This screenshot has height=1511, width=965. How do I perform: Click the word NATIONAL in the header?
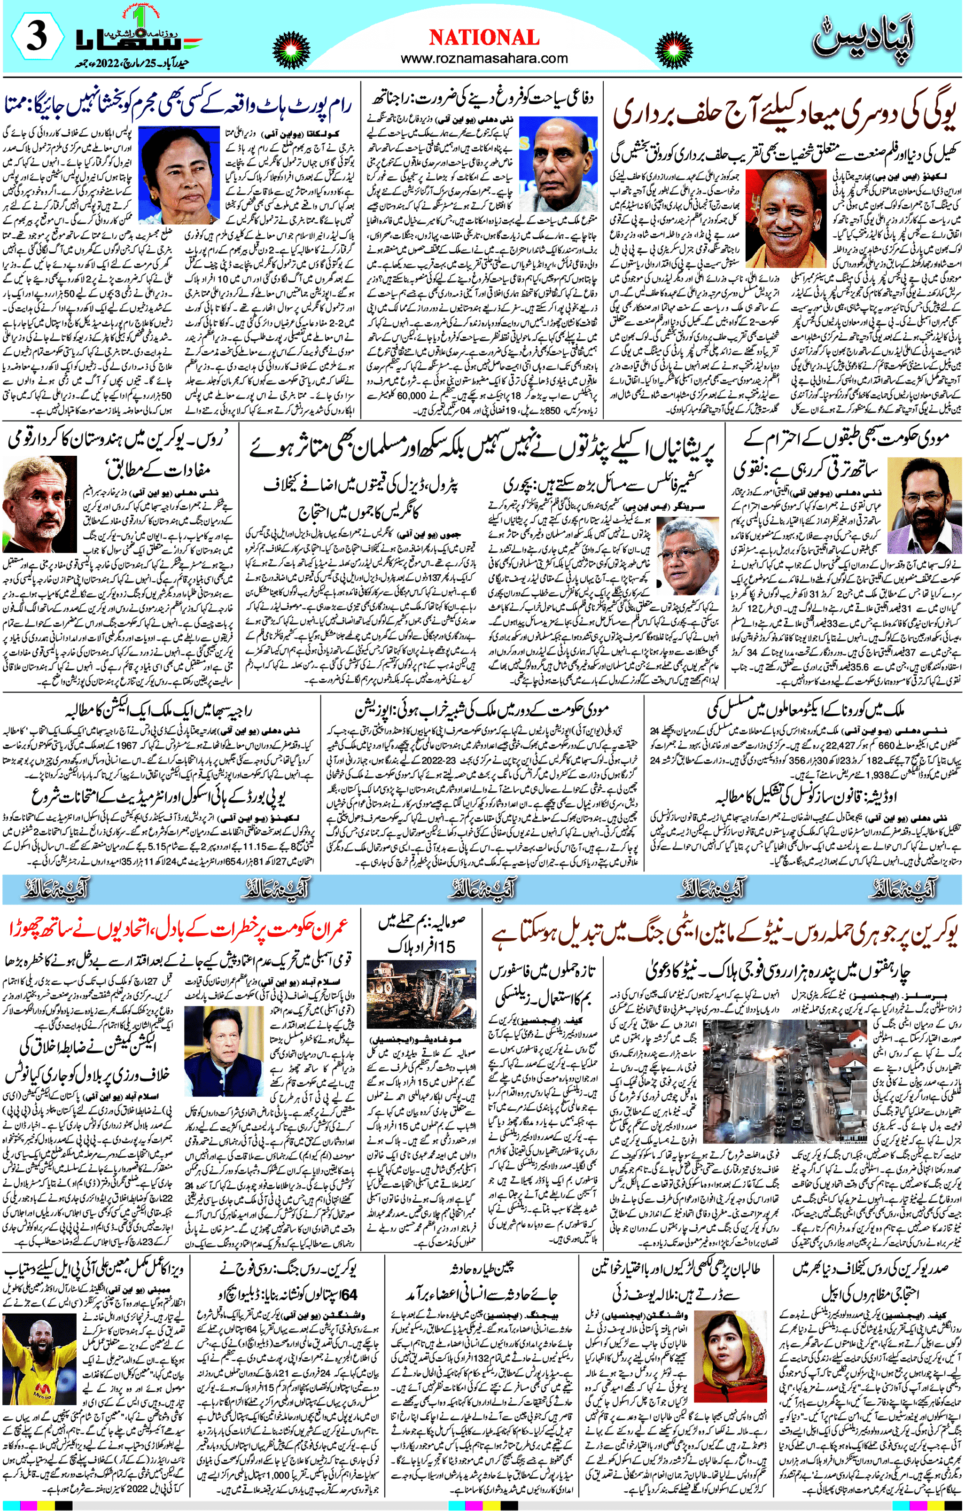[484, 38]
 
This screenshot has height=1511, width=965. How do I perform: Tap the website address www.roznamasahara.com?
[484, 58]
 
